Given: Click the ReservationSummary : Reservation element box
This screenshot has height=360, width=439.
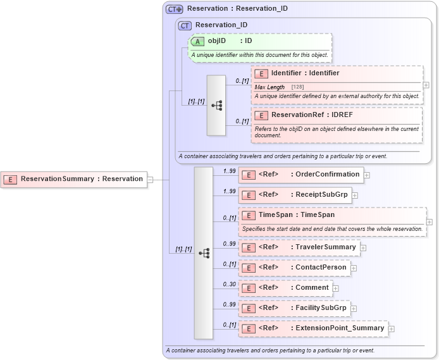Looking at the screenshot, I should [x=74, y=179].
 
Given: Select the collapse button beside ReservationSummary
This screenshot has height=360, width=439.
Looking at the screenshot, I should [x=151, y=180].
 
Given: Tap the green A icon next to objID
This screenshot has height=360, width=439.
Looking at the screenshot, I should [x=197, y=41].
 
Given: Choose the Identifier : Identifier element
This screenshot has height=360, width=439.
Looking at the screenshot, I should [x=305, y=73].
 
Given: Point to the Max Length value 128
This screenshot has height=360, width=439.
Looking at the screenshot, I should [x=297, y=87].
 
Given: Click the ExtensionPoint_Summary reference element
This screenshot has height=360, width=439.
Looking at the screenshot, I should [x=312, y=328].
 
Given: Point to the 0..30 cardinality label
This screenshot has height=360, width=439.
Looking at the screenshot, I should [x=229, y=284].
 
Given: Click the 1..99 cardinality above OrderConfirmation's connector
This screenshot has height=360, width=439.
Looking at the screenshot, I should [x=229, y=171].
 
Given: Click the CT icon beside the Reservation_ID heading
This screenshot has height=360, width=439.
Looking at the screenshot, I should [x=185, y=25].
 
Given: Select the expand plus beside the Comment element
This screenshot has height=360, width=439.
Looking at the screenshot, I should [x=336, y=288].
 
